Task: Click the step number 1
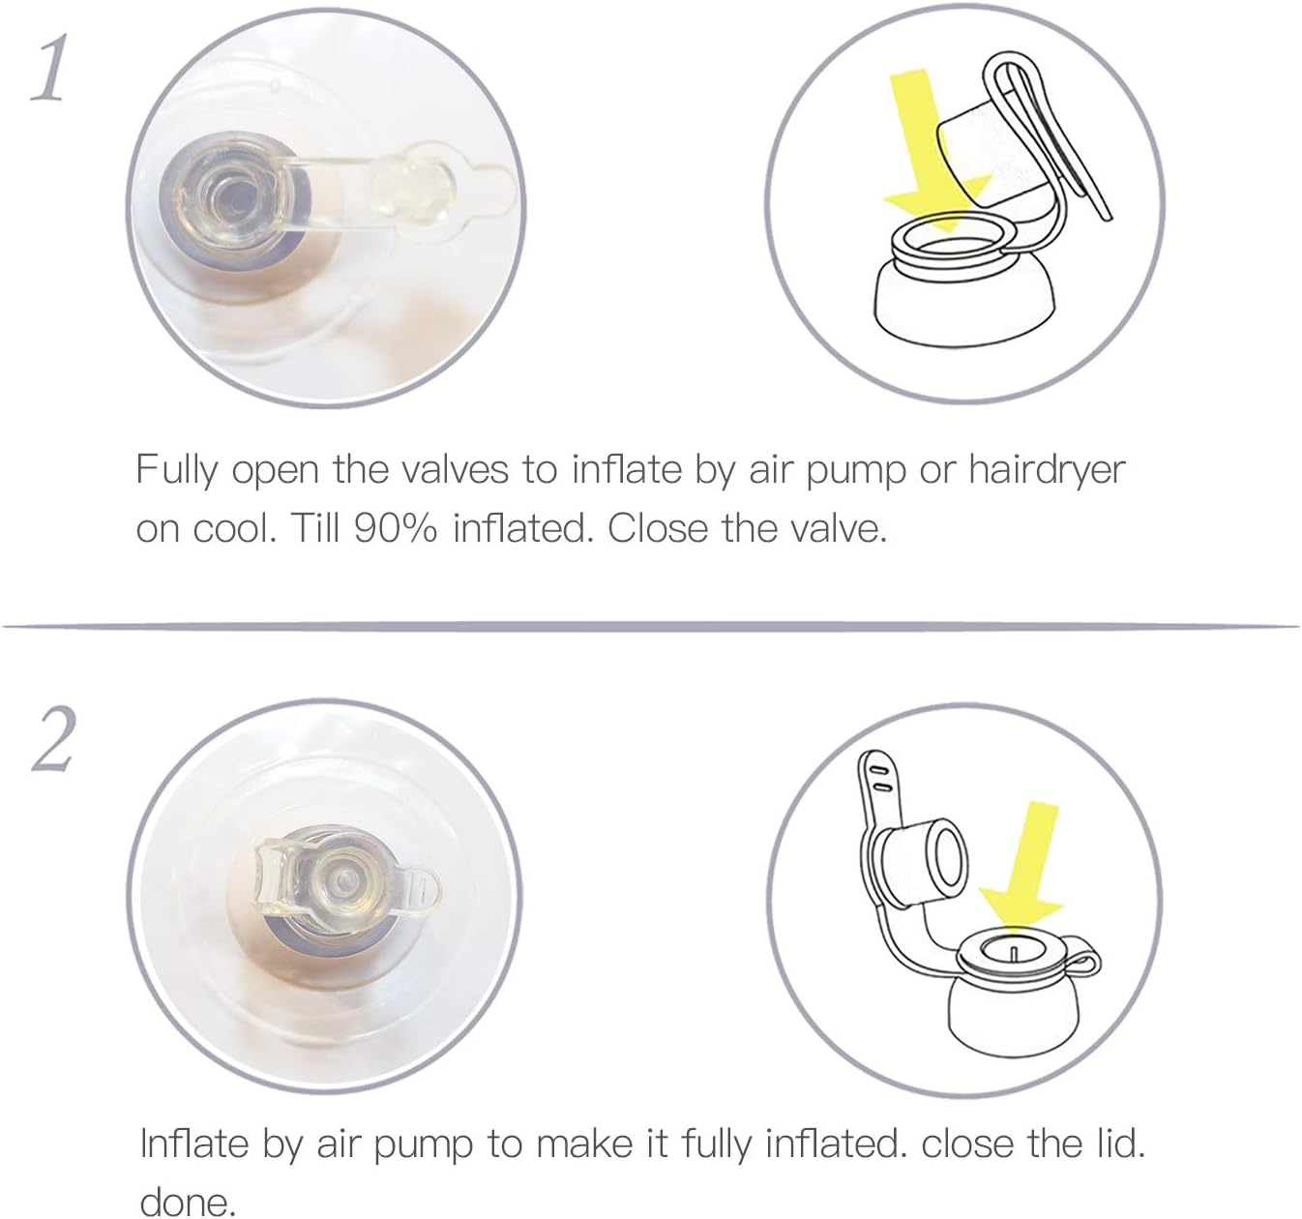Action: (x=49, y=68)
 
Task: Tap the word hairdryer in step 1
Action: (x=1047, y=471)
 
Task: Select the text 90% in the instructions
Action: (x=395, y=528)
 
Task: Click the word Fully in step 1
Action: (x=176, y=471)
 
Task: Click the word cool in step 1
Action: (x=234, y=528)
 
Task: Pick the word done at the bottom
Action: (x=187, y=1202)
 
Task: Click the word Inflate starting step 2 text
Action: (x=194, y=1144)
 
